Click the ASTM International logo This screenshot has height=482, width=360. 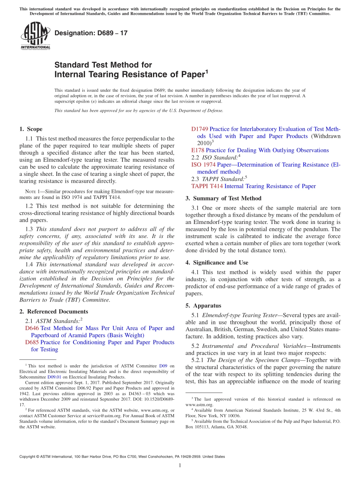[35, 36]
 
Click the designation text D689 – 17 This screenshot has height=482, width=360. [91, 33]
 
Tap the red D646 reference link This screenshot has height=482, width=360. [32, 328]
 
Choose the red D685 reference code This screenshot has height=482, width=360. [32, 342]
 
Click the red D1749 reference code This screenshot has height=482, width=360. [199, 129]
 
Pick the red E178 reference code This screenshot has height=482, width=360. [197, 150]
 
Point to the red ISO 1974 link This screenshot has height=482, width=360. [203, 164]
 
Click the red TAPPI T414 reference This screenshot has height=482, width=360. [207, 186]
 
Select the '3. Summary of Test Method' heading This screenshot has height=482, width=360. [223, 198]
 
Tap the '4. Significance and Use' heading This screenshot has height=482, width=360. [217, 263]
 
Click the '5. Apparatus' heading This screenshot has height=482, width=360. [203, 305]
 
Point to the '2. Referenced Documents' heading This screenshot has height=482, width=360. [53, 311]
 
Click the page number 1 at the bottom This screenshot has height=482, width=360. [180, 466]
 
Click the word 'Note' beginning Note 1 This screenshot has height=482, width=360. [30, 191]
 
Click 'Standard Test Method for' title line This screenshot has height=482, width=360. [103, 65]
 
